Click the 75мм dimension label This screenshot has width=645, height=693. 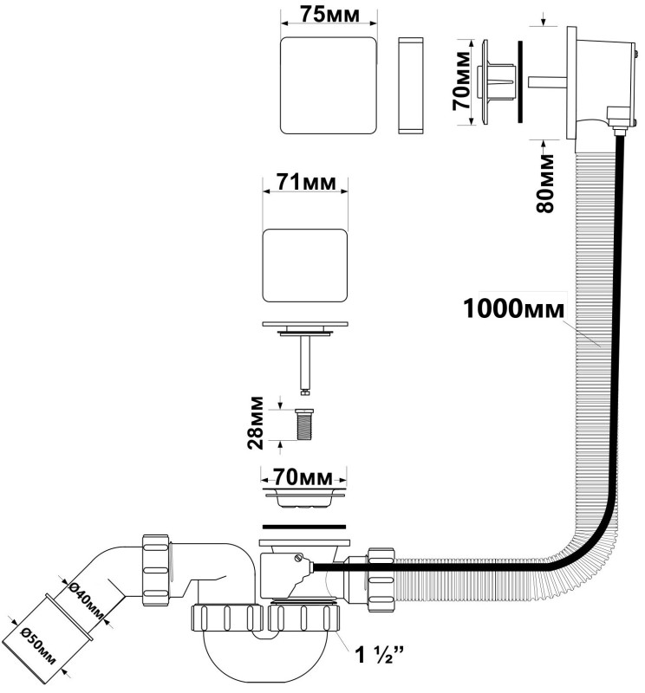[330, 14]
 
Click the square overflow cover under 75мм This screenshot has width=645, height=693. [330, 85]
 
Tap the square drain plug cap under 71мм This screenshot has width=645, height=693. [304, 264]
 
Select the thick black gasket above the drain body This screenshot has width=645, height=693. [305, 526]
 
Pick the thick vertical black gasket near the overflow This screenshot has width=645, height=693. [519, 81]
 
